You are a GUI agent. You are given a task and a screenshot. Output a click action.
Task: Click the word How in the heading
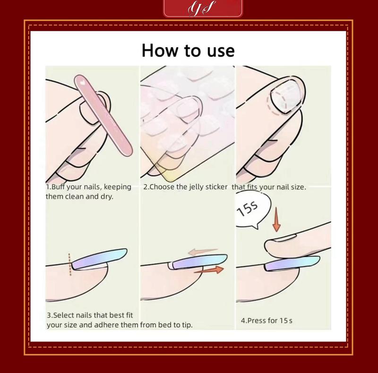[x=160, y=51]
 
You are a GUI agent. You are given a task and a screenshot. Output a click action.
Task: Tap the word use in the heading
[x=221, y=51]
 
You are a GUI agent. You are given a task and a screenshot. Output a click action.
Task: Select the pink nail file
[x=103, y=115]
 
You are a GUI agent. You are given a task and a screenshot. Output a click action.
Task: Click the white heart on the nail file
[x=82, y=82]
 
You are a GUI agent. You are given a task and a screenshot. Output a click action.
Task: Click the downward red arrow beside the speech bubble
[x=276, y=219]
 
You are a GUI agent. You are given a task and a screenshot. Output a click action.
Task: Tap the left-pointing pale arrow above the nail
[x=203, y=252]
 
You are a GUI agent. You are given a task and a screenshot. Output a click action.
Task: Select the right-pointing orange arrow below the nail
[x=209, y=270]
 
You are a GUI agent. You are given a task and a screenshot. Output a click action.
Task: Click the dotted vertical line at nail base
[x=69, y=264]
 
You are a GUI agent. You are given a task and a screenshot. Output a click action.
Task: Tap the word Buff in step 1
[x=58, y=187]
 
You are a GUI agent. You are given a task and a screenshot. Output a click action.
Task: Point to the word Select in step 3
[x=63, y=315]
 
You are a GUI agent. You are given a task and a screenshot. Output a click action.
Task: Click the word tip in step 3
[x=186, y=325]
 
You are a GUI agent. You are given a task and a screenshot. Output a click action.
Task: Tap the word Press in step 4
[x=257, y=321]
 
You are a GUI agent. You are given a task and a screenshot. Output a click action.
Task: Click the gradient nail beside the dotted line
[x=99, y=259]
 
